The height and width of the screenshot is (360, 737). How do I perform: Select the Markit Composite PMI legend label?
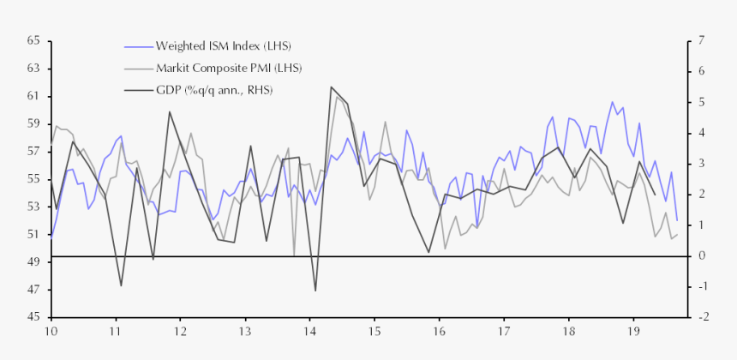tap(228, 68)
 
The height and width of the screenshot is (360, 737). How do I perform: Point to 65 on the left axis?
tap(33, 41)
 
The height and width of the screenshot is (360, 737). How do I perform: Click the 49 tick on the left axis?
tap(33, 262)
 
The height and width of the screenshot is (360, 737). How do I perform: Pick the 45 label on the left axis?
tap(33, 317)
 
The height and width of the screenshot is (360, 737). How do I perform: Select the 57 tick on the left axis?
tap(33, 152)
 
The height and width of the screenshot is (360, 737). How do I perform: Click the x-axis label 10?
tap(51, 331)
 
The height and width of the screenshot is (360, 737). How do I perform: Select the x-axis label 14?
tap(309, 331)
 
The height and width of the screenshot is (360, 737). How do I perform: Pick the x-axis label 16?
tap(439, 331)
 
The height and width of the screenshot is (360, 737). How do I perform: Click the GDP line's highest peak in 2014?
tap(331, 87)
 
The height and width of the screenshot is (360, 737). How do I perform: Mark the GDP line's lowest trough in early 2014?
tap(315, 291)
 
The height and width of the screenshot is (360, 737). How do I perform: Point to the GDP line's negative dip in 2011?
tap(121, 285)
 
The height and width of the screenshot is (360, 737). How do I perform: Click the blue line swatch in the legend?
tap(138, 45)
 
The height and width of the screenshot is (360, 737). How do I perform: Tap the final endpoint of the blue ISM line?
tap(677, 221)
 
